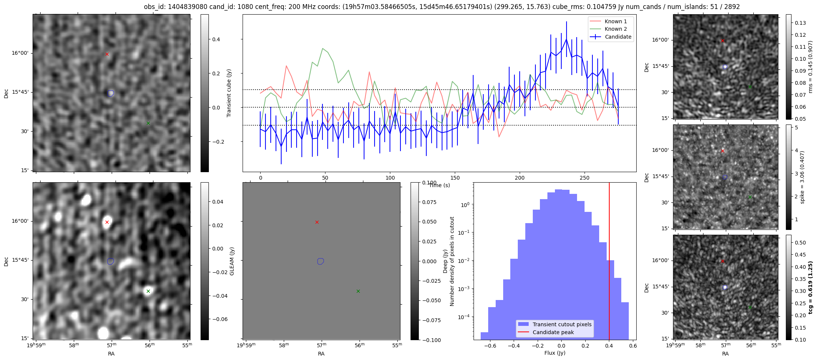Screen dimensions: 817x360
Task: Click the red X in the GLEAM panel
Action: click(x=107, y=222)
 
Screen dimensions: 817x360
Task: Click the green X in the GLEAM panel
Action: click(x=148, y=291)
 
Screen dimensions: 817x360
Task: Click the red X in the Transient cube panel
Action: click(x=107, y=54)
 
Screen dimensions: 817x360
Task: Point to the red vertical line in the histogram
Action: click(x=609, y=261)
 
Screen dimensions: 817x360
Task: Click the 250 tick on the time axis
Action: click(x=585, y=178)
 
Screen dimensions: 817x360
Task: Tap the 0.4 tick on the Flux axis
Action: click(x=609, y=346)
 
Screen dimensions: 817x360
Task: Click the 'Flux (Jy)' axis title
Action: click(x=555, y=353)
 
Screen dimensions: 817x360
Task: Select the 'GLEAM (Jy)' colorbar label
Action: click(x=232, y=261)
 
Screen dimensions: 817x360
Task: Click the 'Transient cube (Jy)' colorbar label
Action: click(x=229, y=93)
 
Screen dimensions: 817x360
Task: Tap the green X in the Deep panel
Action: click(x=358, y=291)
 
